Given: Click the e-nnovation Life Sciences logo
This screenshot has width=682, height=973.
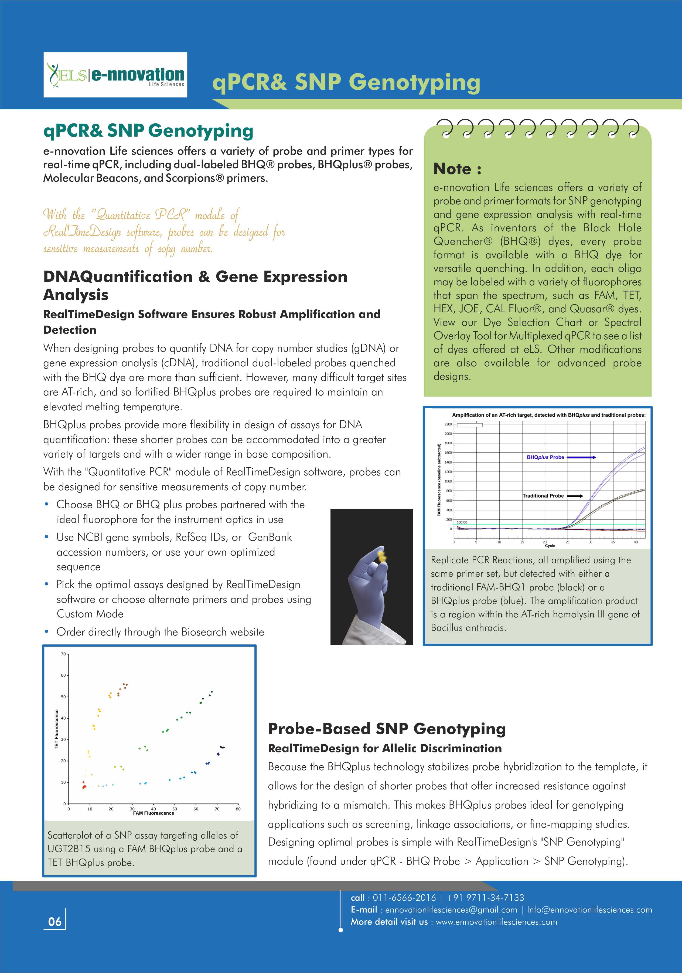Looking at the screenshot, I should [115, 75].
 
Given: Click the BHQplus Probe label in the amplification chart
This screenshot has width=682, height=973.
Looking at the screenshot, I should [545, 457].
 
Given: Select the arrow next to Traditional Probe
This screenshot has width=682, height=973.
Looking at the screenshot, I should [575, 496].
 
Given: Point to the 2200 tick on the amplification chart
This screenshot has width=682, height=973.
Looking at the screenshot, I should [448, 424].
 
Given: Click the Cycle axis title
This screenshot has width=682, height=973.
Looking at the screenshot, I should [550, 546].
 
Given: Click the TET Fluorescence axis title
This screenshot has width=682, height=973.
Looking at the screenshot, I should [57, 729].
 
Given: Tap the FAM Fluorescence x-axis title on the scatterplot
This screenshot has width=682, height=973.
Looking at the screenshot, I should [153, 813].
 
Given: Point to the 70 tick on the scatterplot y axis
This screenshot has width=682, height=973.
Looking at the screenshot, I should [63, 654].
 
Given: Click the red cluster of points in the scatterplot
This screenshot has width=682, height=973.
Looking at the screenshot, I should [84, 786].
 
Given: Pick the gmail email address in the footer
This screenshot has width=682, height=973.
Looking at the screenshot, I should [451, 910].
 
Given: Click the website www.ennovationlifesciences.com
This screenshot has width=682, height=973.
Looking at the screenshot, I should [496, 922].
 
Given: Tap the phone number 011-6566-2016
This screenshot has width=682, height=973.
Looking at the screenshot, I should [404, 898].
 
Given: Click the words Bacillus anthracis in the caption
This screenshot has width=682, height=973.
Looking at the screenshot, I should [468, 628].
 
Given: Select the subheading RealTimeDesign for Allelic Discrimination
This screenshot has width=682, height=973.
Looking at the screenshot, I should [384, 748].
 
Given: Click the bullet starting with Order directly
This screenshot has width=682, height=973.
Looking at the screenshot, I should [160, 632].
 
